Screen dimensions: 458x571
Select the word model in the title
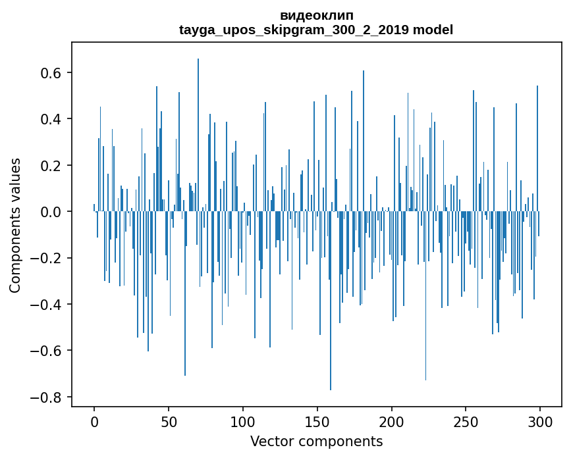(x=433, y=30)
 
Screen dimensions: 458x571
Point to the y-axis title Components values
(x=15, y=225)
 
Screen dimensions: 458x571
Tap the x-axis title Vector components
(x=316, y=441)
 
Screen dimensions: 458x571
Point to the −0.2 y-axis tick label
(x=45, y=258)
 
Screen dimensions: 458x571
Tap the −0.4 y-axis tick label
(x=45, y=305)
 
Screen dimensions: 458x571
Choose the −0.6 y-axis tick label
(x=45, y=351)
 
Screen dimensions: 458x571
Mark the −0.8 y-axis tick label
(x=45, y=397)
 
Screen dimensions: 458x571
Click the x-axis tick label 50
(x=169, y=420)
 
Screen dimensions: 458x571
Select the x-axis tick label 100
(x=243, y=420)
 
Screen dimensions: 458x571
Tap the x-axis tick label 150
(x=317, y=420)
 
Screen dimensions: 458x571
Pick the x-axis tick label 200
(x=392, y=420)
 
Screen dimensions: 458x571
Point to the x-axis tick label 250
(x=466, y=420)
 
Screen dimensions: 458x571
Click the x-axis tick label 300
(x=540, y=420)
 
